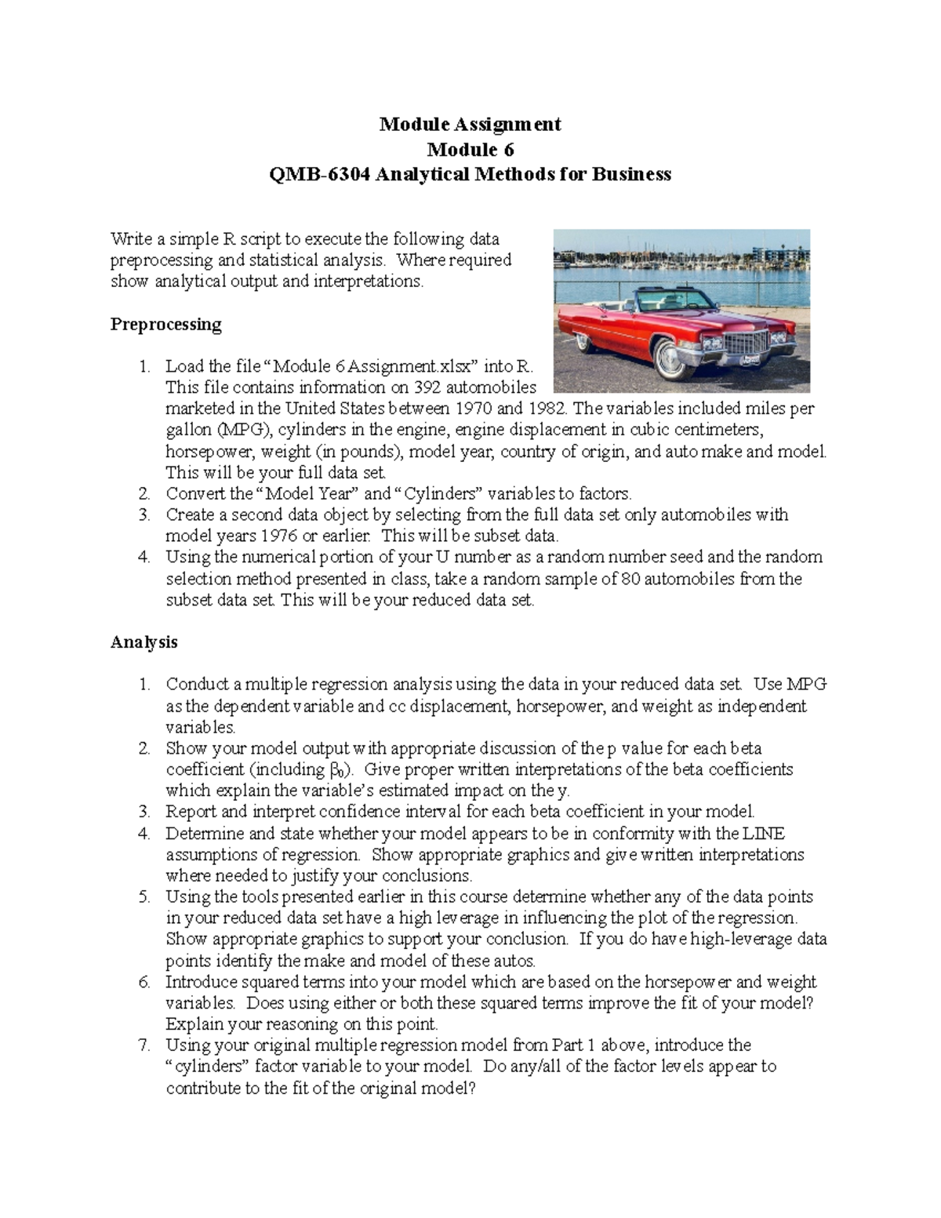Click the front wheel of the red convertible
pyautogui.click(x=672, y=358)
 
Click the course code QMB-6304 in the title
pyautogui.click(x=320, y=174)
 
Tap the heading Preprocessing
pyautogui.click(x=165, y=324)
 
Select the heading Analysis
pyautogui.click(x=144, y=642)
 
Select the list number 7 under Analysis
pyautogui.click(x=144, y=1045)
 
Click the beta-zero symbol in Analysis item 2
pyautogui.click(x=334, y=769)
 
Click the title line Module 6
pyautogui.click(x=470, y=149)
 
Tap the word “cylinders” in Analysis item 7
pyautogui.click(x=208, y=1067)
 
